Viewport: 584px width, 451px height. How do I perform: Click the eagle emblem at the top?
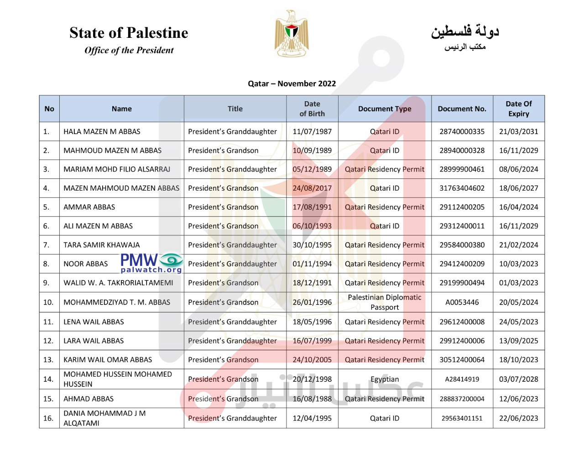(x=292, y=34)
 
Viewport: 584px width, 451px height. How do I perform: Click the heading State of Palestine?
(x=129, y=33)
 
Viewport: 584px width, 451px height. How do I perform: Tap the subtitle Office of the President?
(x=129, y=50)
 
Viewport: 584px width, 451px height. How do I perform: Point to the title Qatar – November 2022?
(x=292, y=83)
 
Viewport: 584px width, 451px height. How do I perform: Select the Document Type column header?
(x=385, y=109)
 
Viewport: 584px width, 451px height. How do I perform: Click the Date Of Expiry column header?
(x=518, y=109)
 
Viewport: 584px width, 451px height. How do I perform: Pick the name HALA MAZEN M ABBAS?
(x=102, y=131)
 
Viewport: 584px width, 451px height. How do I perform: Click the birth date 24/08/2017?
(x=312, y=188)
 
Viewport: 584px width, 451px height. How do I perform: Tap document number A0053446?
(x=462, y=302)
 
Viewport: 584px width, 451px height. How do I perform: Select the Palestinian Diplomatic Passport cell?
(x=385, y=302)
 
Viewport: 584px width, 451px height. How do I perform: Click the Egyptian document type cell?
(x=385, y=379)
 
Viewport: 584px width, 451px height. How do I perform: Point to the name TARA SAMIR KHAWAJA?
(x=102, y=245)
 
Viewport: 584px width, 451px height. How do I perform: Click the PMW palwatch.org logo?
(x=152, y=263)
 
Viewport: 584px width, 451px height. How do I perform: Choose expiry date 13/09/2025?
(x=518, y=341)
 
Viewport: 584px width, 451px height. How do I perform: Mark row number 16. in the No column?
(x=48, y=418)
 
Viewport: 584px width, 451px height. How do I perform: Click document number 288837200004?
(x=462, y=399)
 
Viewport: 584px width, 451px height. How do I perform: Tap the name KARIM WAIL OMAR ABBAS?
(x=108, y=359)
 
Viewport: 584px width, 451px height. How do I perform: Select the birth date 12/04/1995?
(x=312, y=418)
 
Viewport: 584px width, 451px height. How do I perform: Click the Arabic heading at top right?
(x=465, y=32)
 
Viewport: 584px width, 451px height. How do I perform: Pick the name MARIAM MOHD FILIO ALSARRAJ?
(x=117, y=169)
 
